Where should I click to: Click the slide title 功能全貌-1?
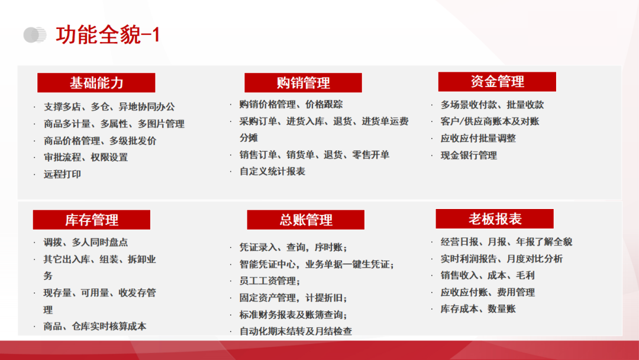tap(108, 35)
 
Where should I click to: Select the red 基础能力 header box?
tap(96, 83)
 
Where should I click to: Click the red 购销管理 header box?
tap(303, 83)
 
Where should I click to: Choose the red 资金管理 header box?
tap(497, 82)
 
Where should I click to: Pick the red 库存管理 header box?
tap(92, 220)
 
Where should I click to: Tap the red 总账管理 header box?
tap(306, 220)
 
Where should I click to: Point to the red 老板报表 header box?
tap(495, 219)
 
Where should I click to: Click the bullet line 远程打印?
tap(62, 174)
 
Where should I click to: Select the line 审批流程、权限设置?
tap(86, 157)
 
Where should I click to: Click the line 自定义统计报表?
tap(273, 171)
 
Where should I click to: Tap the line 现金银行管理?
tap(469, 155)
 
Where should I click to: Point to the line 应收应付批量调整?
tap(478, 138)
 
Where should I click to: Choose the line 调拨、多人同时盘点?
tap(86, 242)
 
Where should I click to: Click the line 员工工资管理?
tap(270, 281)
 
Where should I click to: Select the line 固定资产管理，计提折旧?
tap(293, 298)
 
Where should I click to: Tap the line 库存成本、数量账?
tap(478, 309)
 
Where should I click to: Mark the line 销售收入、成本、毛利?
tap(488, 275)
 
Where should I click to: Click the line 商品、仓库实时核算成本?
tap(95, 326)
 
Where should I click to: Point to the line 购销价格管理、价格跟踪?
tap(291, 104)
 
